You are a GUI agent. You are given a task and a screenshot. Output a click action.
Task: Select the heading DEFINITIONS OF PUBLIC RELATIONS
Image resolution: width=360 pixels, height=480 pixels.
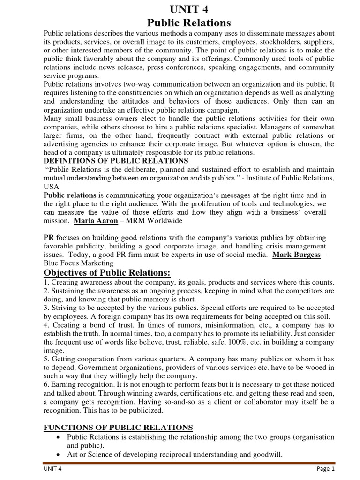116,161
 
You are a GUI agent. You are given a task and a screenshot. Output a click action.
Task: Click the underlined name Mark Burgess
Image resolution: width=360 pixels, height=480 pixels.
296,255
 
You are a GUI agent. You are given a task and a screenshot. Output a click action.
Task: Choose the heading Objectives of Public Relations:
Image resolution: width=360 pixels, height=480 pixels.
107,273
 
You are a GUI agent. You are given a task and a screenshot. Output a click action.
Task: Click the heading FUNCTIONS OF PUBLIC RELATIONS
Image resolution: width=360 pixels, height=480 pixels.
118,427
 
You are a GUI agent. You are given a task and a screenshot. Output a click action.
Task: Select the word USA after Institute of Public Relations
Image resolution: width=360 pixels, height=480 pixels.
52,186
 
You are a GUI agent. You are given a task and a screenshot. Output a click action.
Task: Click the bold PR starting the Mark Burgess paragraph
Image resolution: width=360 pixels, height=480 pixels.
49,238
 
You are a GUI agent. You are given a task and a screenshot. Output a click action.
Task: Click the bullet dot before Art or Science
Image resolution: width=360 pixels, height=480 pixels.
57,455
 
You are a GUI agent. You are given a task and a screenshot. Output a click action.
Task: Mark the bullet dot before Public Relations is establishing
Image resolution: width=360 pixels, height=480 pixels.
57,437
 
